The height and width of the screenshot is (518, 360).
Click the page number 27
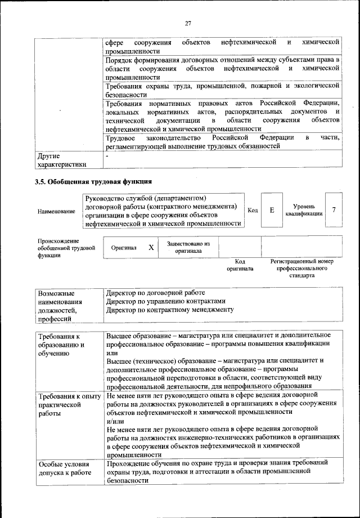pyautogui.click(x=188, y=23)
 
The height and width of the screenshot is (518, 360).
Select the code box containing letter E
pyautogui.click(x=272, y=210)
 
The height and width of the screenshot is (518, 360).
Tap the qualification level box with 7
pyautogui.click(x=334, y=210)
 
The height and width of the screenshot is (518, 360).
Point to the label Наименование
pyautogui.click(x=56, y=211)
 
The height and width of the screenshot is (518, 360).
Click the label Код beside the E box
pyautogui.click(x=253, y=211)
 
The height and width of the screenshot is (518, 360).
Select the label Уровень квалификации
pyautogui.click(x=304, y=211)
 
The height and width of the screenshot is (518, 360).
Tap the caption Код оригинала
pyautogui.click(x=240, y=265)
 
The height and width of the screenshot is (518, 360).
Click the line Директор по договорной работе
pyautogui.click(x=156, y=293)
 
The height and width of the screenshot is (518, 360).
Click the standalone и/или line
pyautogui.click(x=115, y=421)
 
